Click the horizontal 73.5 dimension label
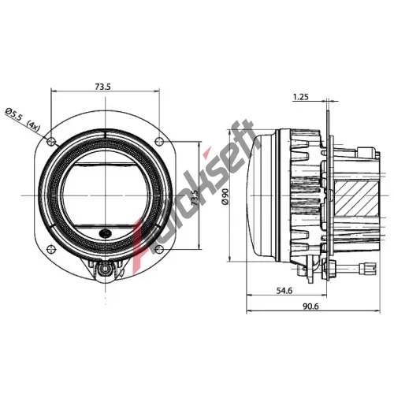[x=102, y=87]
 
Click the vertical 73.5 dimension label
[x=195, y=198]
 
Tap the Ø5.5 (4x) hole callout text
[x=23, y=120]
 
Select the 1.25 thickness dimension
[x=301, y=97]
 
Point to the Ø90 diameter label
[x=225, y=196]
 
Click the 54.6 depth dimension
[x=284, y=291]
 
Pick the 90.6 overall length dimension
[x=310, y=307]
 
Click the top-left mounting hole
[x=51, y=141]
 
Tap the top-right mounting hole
[x=159, y=141]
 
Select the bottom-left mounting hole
[x=51, y=249]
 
